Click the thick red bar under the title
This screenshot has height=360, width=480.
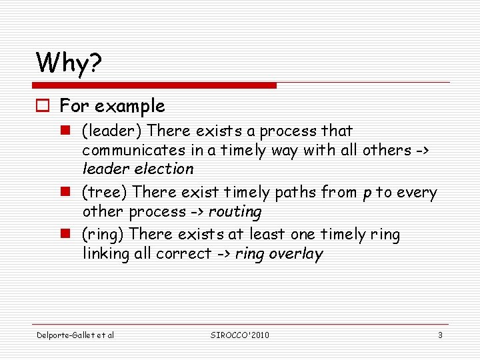155,85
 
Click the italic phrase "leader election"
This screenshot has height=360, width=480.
138,169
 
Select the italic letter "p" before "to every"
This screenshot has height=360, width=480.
367,193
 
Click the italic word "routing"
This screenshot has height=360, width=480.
235,212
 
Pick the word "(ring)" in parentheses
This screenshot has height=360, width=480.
103,235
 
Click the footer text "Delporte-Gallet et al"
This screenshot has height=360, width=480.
75,335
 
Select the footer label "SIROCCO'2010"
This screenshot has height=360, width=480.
239,335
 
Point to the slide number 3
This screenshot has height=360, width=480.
440,335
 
